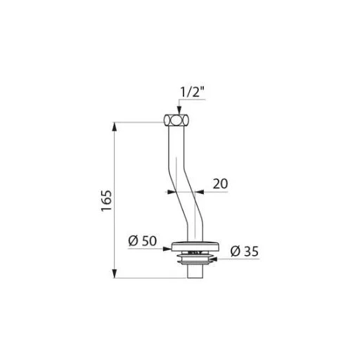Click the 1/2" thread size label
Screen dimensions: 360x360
tap(192, 92)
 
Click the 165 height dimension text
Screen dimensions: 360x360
tap(107, 200)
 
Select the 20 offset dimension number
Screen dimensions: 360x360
tap(220, 184)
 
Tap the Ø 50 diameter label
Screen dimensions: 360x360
tap(143, 240)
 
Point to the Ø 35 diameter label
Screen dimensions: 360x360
tap(245, 252)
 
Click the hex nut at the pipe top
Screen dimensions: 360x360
tap(176, 120)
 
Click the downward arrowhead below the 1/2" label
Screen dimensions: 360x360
tap(179, 110)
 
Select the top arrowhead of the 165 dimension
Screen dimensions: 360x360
tap(115, 127)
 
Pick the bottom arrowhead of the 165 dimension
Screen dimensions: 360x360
tap(115, 274)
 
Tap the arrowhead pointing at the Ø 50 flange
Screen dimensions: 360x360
tap(167, 249)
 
